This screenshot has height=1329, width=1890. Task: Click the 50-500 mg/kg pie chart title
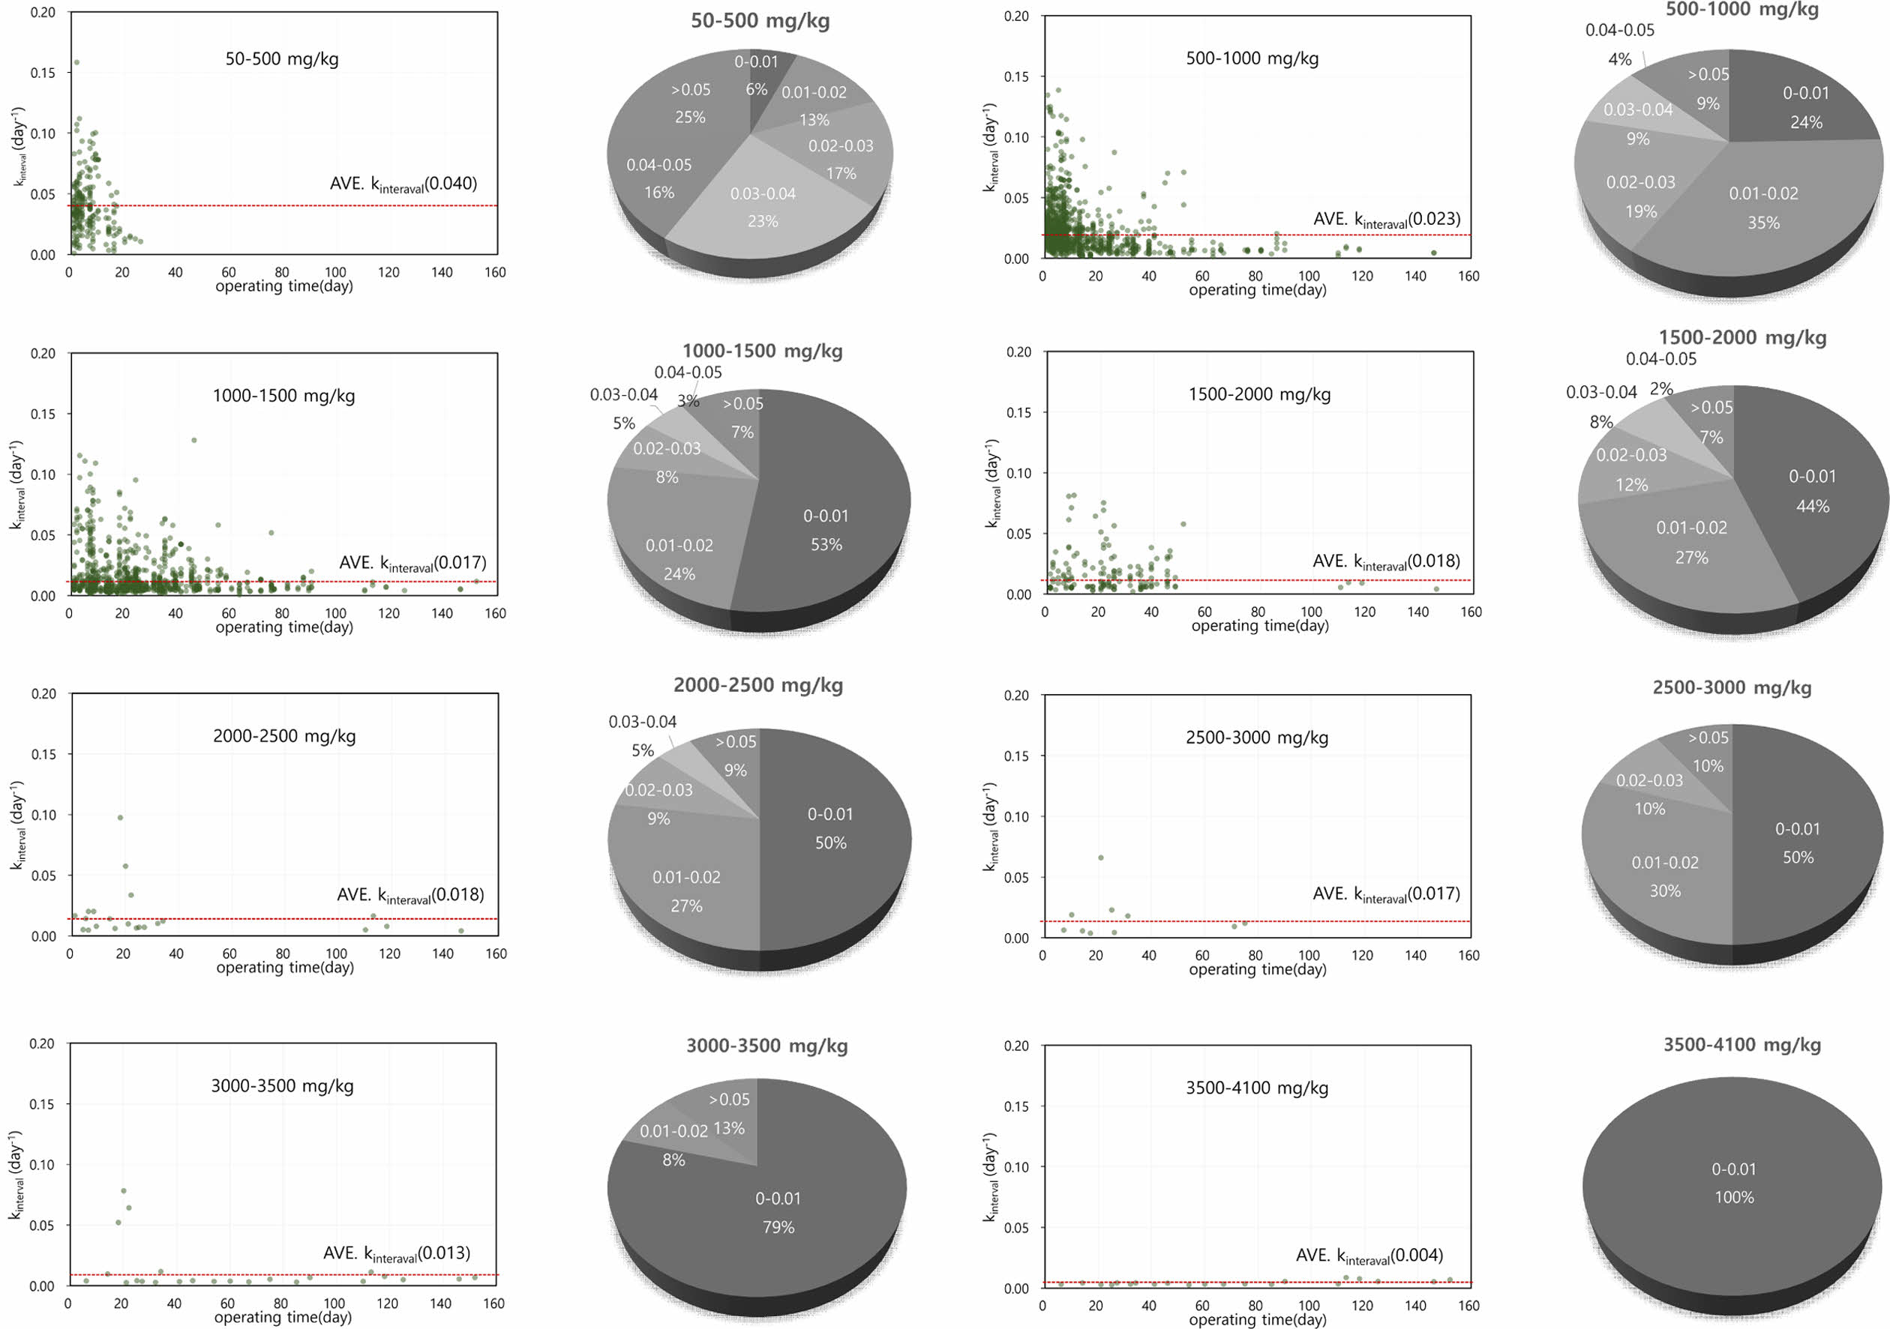pyautogui.click(x=760, y=20)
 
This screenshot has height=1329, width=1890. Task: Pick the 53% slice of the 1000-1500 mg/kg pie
pyautogui.click(x=826, y=530)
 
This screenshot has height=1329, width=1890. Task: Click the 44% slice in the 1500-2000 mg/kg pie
pyautogui.click(x=1812, y=491)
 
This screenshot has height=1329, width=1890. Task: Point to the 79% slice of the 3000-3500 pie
pyautogui.click(x=778, y=1212)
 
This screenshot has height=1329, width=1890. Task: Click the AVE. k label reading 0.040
pyautogui.click(x=403, y=184)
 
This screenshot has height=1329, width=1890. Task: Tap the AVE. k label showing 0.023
pyautogui.click(x=1386, y=220)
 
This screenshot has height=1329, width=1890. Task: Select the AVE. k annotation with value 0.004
pyautogui.click(x=1369, y=1256)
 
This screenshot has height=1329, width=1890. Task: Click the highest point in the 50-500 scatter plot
pyautogui.click(x=76, y=62)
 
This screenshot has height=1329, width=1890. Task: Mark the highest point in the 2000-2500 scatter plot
pyautogui.click(x=120, y=817)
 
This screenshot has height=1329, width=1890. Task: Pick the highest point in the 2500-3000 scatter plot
pyautogui.click(x=1100, y=858)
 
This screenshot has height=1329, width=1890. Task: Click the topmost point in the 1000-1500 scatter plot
pyautogui.click(x=194, y=440)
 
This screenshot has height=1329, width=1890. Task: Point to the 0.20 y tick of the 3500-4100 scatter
pyautogui.click(x=1016, y=1046)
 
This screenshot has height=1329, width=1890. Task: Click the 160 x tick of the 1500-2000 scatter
pyautogui.click(x=1470, y=612)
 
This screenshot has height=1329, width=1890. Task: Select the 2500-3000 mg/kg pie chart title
pyautogui.click(x=1732, y=688)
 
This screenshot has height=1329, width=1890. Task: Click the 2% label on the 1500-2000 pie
pyautogui.click(x=1661, y=388)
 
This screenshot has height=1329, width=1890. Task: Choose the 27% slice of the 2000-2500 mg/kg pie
pyautogui.click(x=686, y=891)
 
